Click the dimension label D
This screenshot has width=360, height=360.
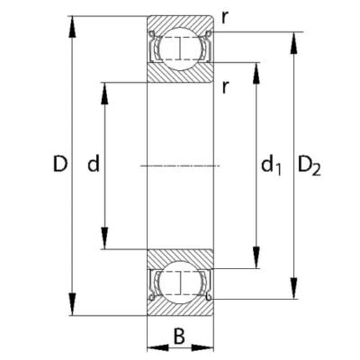pos(60,164)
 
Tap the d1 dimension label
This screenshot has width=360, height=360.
pos(271,166)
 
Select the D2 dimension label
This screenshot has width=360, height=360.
pos(310,166)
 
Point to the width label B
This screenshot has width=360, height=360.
pos(179,337)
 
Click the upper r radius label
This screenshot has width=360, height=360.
pos(224,18)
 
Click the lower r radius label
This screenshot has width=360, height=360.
pos(225,87)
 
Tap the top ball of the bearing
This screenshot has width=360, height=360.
pos(180,49)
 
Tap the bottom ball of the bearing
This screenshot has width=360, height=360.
pos(180,283)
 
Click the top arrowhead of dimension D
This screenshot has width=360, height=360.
pos(72,27)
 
